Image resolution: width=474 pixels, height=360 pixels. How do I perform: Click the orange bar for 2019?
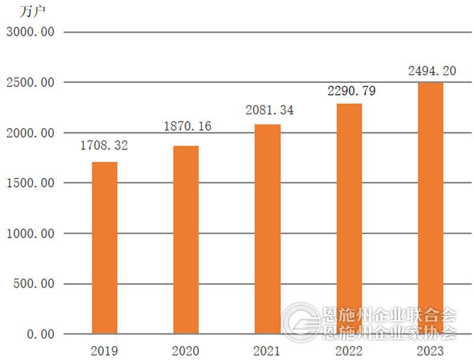click(x=104, y=247)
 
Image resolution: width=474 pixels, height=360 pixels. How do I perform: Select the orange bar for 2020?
click(x=186, y=239)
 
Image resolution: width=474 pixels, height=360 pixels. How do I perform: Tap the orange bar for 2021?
click(x=268, y=228)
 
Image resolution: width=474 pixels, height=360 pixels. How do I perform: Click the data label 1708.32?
click(x=104, y=145)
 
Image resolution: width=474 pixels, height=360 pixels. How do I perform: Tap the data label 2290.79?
click(x=351, y=91)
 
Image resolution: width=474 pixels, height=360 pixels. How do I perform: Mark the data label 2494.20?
click(x=432, y=71)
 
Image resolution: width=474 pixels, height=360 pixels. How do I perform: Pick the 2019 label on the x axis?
click(x=104, y=351)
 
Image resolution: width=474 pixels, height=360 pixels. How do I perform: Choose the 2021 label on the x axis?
click(x=268, y=351)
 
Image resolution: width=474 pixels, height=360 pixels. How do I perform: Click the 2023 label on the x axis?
click(x=431, y=351)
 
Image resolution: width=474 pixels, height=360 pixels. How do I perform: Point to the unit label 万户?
click(x=33, y=11)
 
